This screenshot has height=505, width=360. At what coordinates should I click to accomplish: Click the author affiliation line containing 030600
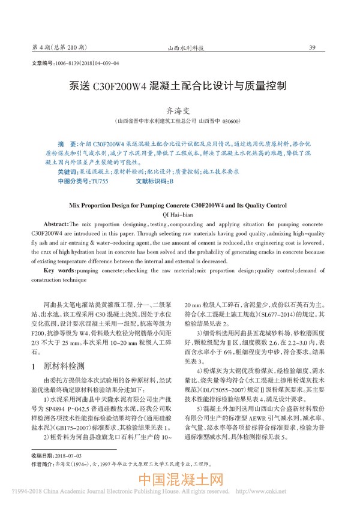(179, 121)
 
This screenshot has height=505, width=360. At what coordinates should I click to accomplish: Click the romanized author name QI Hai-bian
(179, 214)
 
